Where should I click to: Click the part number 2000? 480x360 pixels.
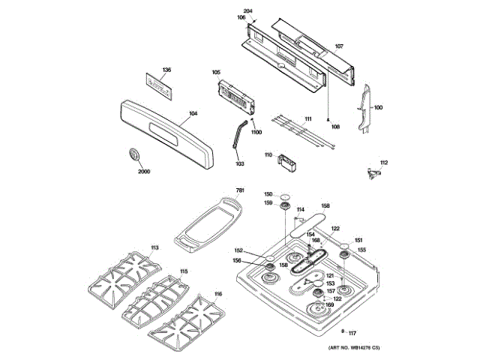point(144,172)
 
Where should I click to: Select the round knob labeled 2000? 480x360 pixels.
point(135,154)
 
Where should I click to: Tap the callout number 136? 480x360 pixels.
point(166,70)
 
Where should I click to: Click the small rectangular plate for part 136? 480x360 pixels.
point(160,85)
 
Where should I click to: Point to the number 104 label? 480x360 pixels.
point(193,113)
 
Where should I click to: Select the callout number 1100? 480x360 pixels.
point(256,133)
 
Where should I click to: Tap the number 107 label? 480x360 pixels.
point(339,46)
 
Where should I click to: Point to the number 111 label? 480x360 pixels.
point(307,118)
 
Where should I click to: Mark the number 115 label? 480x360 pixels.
point(184,271)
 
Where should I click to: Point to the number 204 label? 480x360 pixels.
point(248,10)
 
